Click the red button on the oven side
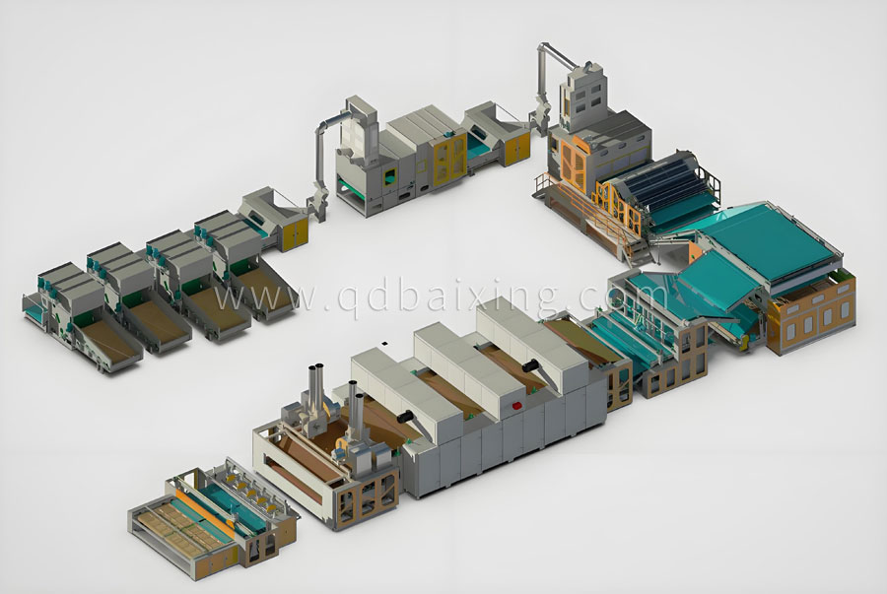click(x=515, y=405)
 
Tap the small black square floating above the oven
click(x=384, y=343)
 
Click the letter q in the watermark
click(x=346, y=297)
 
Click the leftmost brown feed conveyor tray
click(x=108, y=343)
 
